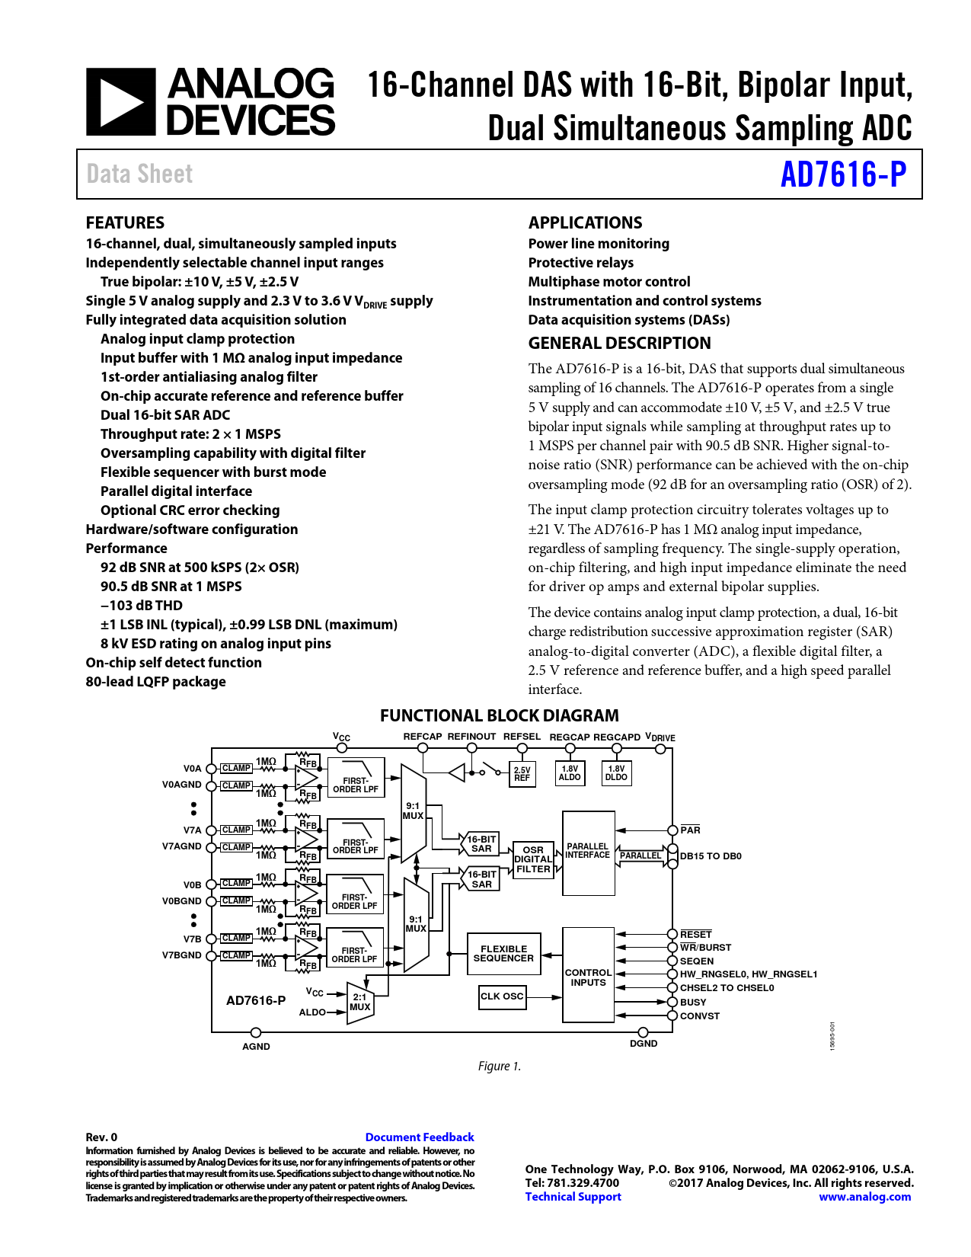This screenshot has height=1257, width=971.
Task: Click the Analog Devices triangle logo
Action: (x=121, y=102)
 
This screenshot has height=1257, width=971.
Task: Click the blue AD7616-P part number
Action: (x=843, y=174)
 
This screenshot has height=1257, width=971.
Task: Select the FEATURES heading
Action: (x=125, y=222)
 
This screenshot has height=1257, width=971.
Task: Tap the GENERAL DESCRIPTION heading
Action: (x=619, y=343)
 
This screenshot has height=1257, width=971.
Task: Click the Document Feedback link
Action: (x=420, y=1137)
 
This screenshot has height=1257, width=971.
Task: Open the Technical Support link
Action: (x=573, y=1197)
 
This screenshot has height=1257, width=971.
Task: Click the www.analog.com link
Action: (x=864, y=1197)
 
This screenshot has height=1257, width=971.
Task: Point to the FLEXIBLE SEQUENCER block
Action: (x=503, y=953)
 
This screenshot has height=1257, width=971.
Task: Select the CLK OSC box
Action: (x=502, y=996)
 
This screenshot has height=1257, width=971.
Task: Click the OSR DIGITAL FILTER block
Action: (x=533, y=859)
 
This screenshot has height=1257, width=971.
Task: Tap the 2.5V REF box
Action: (x=522, y=773)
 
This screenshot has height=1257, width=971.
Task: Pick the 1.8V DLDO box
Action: (x=616, y=772)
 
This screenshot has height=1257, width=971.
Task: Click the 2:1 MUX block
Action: (x=359, y=1003)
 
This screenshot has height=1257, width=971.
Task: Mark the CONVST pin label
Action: (x=699, y=1016)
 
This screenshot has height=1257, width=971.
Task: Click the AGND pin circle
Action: (x=256, y=1032)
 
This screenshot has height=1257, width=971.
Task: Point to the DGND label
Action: (x=643, y=1043)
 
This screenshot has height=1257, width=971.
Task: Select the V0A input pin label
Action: (x=192, y=768)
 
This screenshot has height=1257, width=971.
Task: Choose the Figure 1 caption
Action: (x=499, y=1066)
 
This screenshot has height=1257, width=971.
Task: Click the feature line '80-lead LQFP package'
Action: (x=155, y=681)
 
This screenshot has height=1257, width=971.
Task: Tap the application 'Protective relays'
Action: (x=580, y=263)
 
